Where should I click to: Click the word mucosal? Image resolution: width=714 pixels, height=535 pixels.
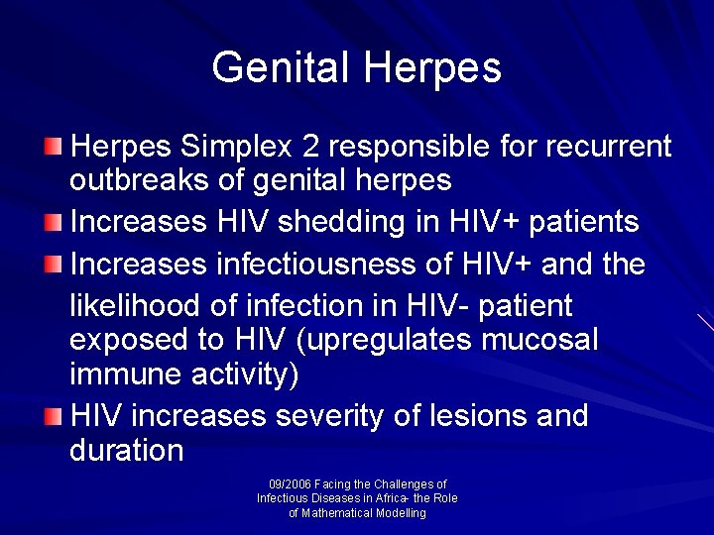[539, 340]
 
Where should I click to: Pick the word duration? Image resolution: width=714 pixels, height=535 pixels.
[127, 451]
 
